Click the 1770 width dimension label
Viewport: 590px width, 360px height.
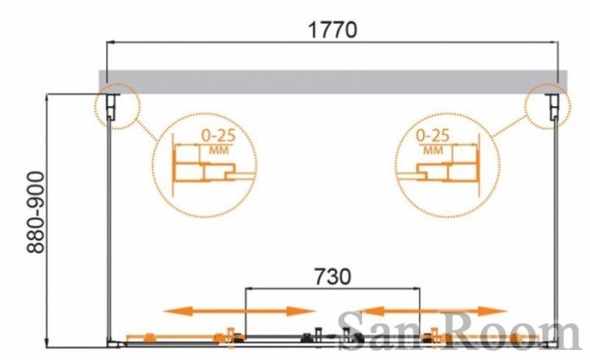[x=332, y=30]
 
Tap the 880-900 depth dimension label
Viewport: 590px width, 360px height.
[x=36, y=212]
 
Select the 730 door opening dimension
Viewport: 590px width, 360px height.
[x=332, y=276]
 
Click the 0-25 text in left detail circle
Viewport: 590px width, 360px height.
[x=219, y=136]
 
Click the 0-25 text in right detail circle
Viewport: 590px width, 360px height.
[x=432, y=136]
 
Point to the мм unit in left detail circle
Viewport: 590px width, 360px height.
[x=219, y=151]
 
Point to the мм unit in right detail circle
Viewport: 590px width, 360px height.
[x=433, y=151]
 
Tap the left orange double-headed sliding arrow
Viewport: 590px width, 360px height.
[x=240, y=311]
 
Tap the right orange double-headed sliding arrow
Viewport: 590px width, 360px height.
[x=432, y=311]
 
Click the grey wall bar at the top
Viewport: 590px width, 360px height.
[x=333, y=81]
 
